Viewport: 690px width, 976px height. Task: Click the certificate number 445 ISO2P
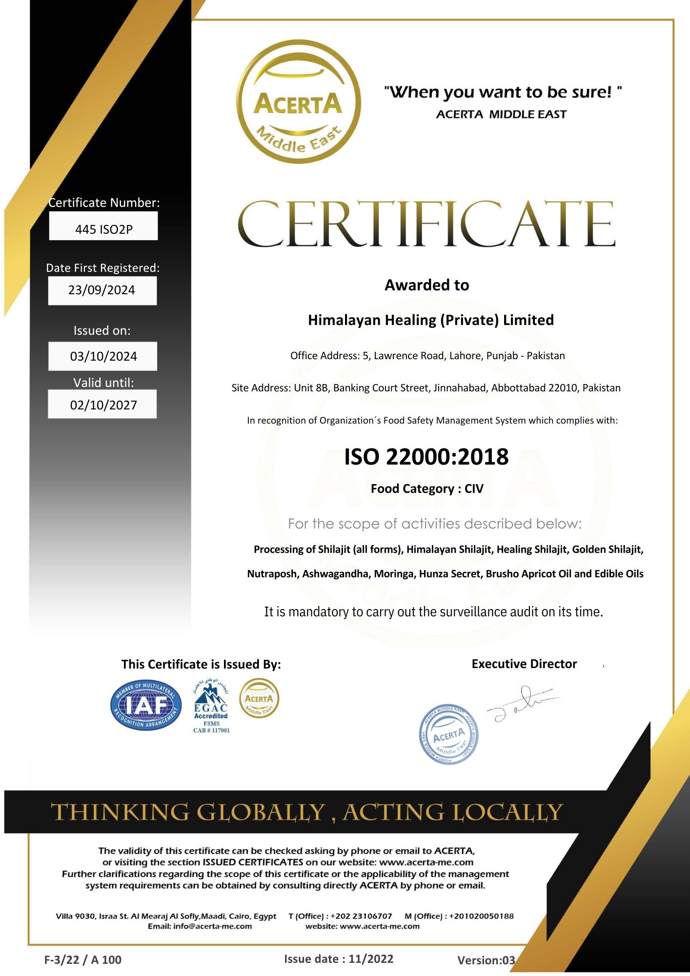coord(103,229)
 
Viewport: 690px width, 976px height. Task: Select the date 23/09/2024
coord(101,290)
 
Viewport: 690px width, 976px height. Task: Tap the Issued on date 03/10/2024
coord(103,356)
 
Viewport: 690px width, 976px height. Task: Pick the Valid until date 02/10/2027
coord(103,405)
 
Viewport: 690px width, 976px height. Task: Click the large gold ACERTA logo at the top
coord(298,102)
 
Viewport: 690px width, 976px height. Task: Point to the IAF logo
coord(146,705)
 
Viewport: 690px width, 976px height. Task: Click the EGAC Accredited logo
coord(211,706)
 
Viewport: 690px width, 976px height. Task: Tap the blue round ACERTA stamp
coord(448,734)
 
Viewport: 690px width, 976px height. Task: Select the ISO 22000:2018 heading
coord(426,457)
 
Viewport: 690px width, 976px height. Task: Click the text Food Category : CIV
coord(426,489)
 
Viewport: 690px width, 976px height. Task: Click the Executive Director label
coord(524,664)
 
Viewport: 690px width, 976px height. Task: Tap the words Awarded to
coord(426,285)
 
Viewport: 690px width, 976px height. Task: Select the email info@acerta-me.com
coord(212,926)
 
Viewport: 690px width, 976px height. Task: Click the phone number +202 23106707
coord(361,916)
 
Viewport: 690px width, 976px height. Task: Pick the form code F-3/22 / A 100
coord(83,959)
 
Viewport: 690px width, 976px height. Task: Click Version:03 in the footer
coord(486,960)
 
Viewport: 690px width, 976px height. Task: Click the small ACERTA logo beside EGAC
coord(259,698)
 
